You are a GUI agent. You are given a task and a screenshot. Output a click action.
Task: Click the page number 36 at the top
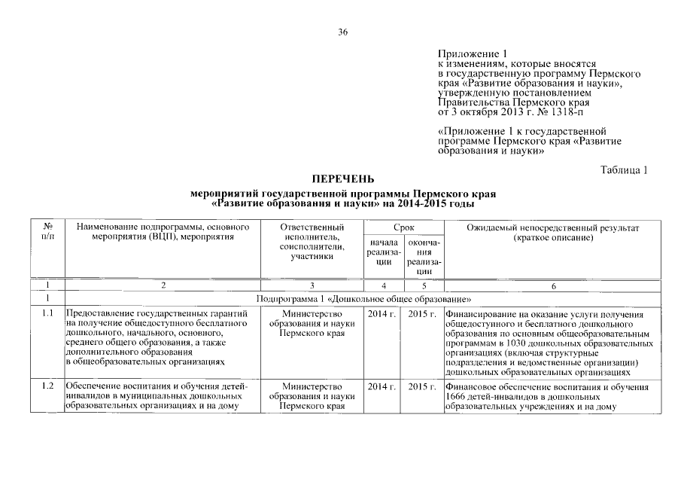342,32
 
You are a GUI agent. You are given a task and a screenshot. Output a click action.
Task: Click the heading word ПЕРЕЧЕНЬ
342,180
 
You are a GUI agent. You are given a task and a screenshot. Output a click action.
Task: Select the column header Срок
403,227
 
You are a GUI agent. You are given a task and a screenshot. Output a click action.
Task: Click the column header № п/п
48,231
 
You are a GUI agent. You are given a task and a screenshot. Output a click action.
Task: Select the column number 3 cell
311,286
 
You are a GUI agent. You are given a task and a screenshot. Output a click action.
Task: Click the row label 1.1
48,313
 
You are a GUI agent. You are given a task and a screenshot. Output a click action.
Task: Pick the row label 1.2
48,387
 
